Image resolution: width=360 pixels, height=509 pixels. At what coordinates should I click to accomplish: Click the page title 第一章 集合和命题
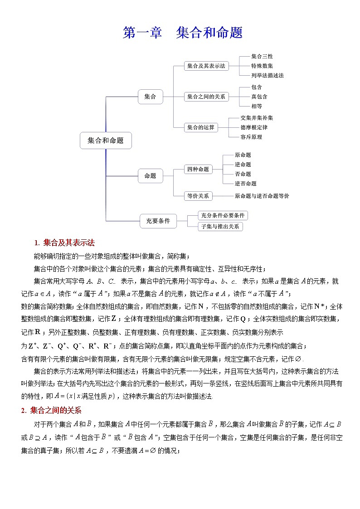tap(183, 33)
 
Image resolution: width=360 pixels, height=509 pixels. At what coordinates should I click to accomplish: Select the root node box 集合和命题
tap(106, 140)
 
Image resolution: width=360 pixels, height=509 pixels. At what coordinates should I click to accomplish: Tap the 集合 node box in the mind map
tap(150, 97)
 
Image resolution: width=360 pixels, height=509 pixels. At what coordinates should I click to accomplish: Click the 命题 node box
tap(150, 175)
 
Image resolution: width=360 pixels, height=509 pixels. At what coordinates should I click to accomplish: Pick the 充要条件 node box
tap(158, 221)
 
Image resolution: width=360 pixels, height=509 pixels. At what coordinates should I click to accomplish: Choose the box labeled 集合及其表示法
tap(206, 66)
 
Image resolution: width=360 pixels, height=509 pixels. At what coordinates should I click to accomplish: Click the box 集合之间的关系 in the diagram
tap(206, 97)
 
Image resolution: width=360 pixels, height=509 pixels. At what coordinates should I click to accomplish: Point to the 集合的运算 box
tap(201, 127)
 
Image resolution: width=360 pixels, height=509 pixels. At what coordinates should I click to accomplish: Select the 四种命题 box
tap(198, 169)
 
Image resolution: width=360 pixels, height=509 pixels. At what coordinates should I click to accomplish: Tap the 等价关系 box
tap(198, 196)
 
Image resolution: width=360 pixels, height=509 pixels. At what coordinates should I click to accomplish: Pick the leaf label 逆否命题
tap(245, 184)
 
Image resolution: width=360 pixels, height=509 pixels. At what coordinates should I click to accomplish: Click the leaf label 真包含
tap(259, 97)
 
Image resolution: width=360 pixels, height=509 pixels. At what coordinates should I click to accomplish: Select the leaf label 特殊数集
tap(262, 66)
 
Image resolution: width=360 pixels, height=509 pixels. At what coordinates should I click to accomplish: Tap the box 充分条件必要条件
tap(223, 215)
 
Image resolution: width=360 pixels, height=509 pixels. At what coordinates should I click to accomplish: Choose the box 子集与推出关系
tap(220, 227)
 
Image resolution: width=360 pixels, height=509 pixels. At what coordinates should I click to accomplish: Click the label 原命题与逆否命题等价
tap(262, 196)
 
